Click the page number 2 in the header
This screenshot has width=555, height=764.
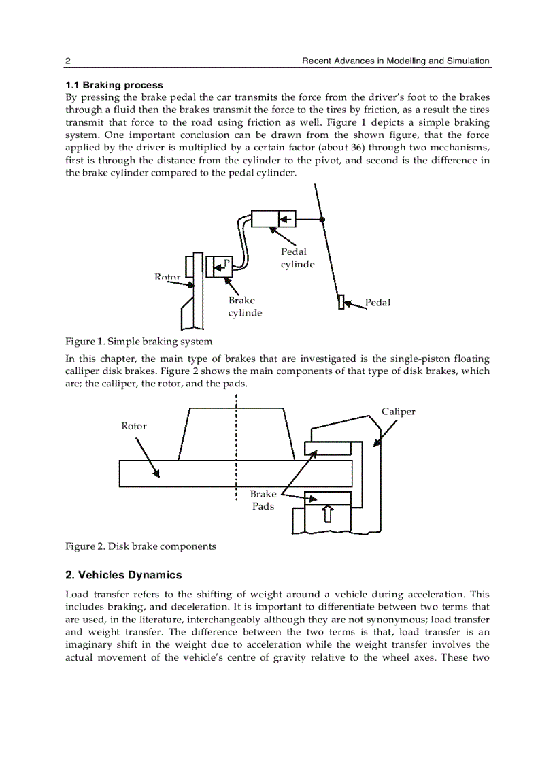[x=68, y=61]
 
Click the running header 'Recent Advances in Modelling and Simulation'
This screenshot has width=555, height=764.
[x=395, y=61]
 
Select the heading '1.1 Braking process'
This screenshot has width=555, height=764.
[x=114, y=85]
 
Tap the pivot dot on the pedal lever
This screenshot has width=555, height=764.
[x=322, y=219]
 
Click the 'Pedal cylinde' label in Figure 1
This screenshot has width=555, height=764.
[x=297, y=258]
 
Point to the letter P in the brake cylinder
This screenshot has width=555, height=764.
[x=227, y=263]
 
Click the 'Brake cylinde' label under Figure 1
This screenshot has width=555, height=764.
[x=245, y=306]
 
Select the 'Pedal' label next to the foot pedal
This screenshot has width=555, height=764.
[x=377, y=302]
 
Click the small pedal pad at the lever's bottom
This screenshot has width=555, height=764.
[x=341, y=302]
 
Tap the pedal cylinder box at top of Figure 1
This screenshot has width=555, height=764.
[x=274, y=219]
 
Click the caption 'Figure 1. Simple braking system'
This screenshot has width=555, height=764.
[x=139, y=341]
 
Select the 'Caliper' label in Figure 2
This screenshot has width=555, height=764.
[x=398, y=411]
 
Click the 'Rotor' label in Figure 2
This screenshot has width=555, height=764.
[x=134, y=426]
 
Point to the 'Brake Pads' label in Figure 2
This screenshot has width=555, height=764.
[x=263, y=500]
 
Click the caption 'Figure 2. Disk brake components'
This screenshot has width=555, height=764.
[x=141, y=546]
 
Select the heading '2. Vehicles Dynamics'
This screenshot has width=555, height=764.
[x=124, y=575]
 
